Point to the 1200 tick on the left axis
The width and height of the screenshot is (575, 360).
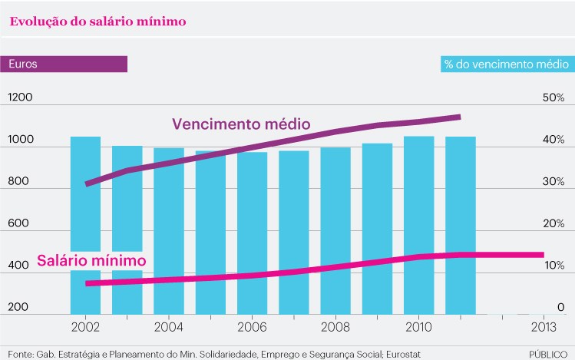coord(21,98)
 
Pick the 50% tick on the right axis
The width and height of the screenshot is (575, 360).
coord(553,98)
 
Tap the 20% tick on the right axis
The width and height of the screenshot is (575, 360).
coord(553,223)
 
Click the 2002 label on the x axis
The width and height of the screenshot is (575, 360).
coord(85,326)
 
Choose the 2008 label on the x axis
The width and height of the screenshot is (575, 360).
coord(335,326)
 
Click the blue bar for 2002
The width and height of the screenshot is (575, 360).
coord(86,207)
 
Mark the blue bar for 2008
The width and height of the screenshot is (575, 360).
coord(335,215)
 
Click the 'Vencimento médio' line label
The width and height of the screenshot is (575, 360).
coord(240,124)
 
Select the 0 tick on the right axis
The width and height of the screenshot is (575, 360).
coord(561,307)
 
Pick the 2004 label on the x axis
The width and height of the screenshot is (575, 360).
coord(169,326)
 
